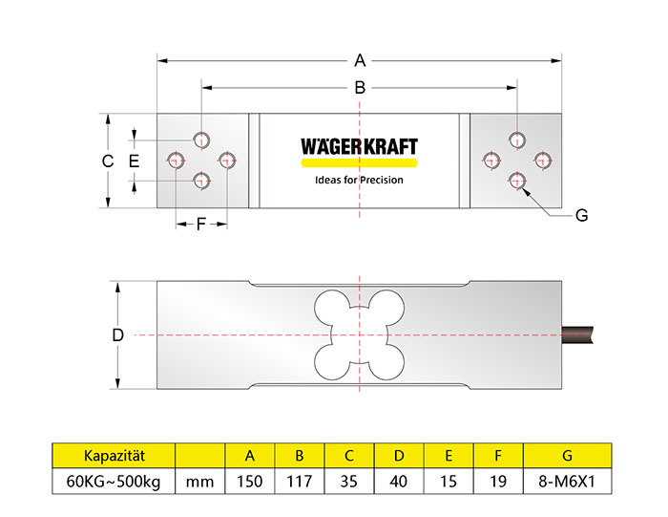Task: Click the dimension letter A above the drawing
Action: [x=360, y=60]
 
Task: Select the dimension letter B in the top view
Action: [x=360, y=87]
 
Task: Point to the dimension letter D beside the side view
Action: [x=117, y=335]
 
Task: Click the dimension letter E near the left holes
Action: [x=134, y=161]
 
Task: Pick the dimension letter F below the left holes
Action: [x=201, y=226]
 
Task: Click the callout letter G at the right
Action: [x=582, y=216]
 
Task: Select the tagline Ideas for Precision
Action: [x=359, y=180]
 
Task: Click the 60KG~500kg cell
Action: [x=114, y=481]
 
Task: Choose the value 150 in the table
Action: [x=249, y=481]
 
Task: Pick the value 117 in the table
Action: [x=299, y=481]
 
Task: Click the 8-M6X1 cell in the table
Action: [x=568, y=481]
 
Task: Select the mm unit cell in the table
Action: [x=199, y=481]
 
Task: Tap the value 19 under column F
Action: [x=499, y=481]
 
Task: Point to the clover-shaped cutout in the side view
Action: [x=359, y=334]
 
